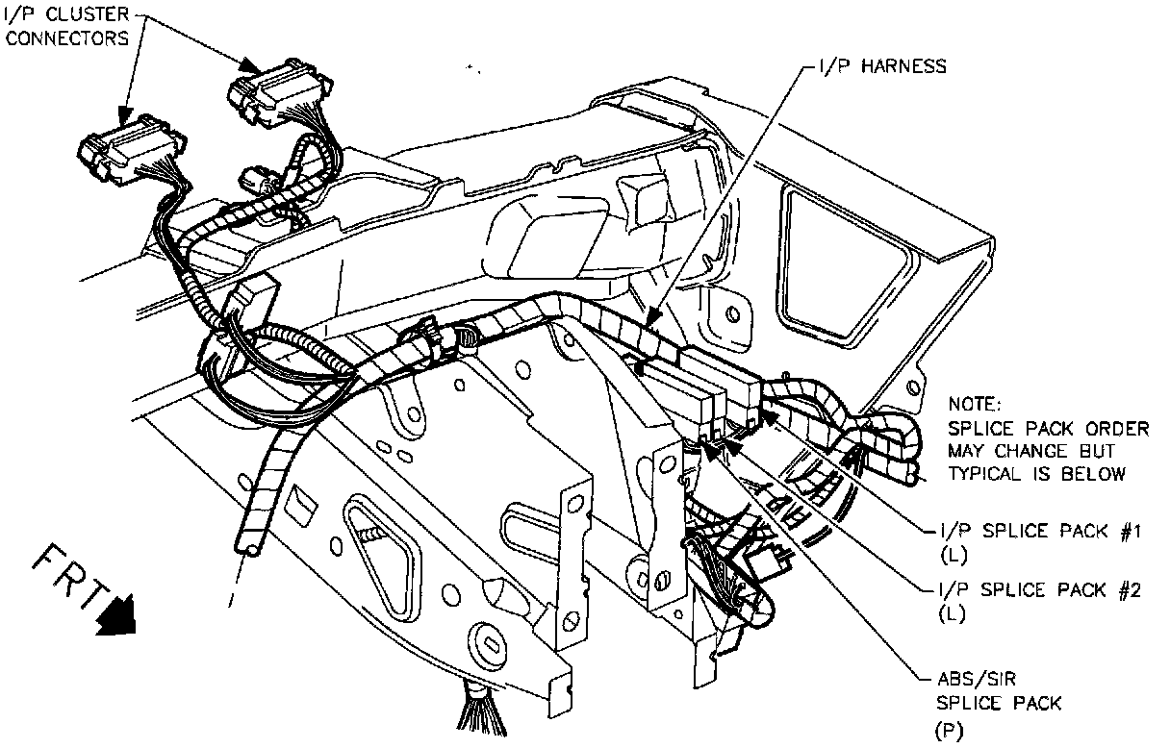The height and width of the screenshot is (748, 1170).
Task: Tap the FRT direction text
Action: [67, 576]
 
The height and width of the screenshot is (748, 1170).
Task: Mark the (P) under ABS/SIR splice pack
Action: [948, 730]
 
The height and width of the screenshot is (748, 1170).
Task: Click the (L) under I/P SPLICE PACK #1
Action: [951, 555]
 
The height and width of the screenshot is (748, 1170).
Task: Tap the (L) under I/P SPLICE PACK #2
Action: [951, 615]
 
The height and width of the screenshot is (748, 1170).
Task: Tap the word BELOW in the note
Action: [1096, 474]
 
